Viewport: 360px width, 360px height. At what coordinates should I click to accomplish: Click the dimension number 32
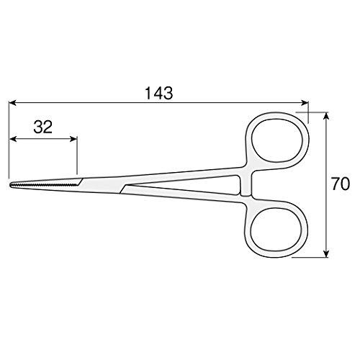(x=43, y=127)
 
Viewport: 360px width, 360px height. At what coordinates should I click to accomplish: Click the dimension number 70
(x=343, y=184)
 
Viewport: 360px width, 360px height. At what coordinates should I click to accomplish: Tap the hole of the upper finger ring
(x=277, y=142)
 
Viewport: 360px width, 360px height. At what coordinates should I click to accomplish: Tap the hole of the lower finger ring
(x=277, y=228)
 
